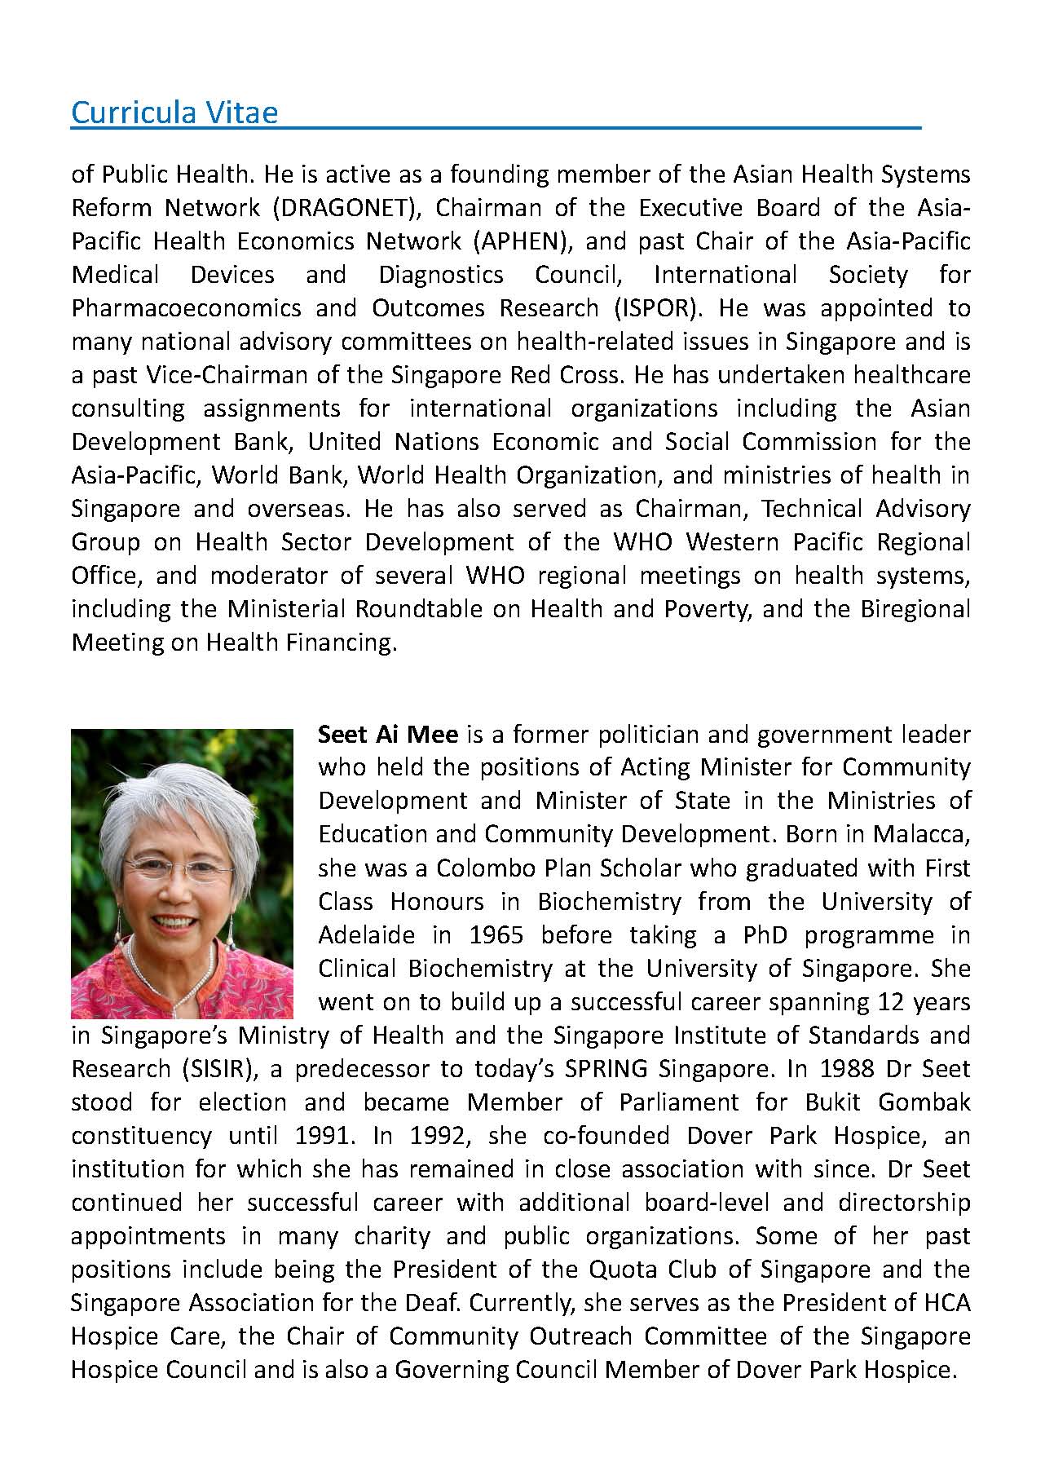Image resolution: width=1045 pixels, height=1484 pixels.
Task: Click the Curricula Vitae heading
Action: click(x=174, y=112)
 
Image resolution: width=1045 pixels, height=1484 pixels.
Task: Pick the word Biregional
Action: click(x=915, y=608)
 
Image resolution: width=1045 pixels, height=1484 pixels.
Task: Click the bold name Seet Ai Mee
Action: click(x=388, y=734)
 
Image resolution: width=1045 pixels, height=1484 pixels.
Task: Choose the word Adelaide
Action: click(x=366, y=934)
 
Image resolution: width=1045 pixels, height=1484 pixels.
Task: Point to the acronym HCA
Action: click(x=947, y=1302)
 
